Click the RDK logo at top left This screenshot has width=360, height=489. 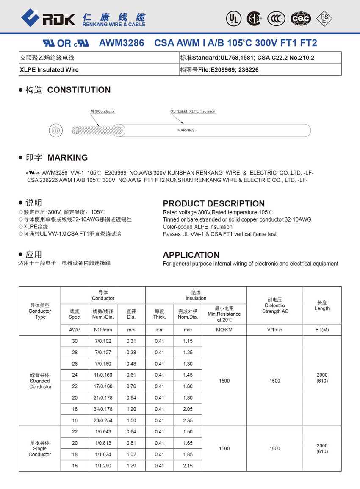coord(48,18)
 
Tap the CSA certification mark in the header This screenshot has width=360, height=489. coord(254,18)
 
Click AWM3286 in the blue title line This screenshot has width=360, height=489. coord(121,43)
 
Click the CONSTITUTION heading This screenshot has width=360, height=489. coord(79,90)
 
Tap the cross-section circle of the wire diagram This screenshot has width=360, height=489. coord(55,131)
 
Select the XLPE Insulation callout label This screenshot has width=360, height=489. coord(193,111)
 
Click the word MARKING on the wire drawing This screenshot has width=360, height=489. coord(186,131)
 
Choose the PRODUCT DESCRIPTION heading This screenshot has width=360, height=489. coord(213,203)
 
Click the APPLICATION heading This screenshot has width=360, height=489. coord(191,255)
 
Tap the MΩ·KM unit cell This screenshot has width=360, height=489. coord(224,330)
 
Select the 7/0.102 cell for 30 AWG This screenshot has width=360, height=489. coord(102,341)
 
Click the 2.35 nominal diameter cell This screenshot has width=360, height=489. coord(188,420)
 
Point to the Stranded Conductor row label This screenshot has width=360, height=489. coord(40,381)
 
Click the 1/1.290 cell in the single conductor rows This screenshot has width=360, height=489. coord(102,466)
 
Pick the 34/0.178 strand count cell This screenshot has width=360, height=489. coord(102,409)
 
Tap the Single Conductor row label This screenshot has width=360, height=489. coord(40,448)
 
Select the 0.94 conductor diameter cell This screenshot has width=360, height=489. coord(131,397)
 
